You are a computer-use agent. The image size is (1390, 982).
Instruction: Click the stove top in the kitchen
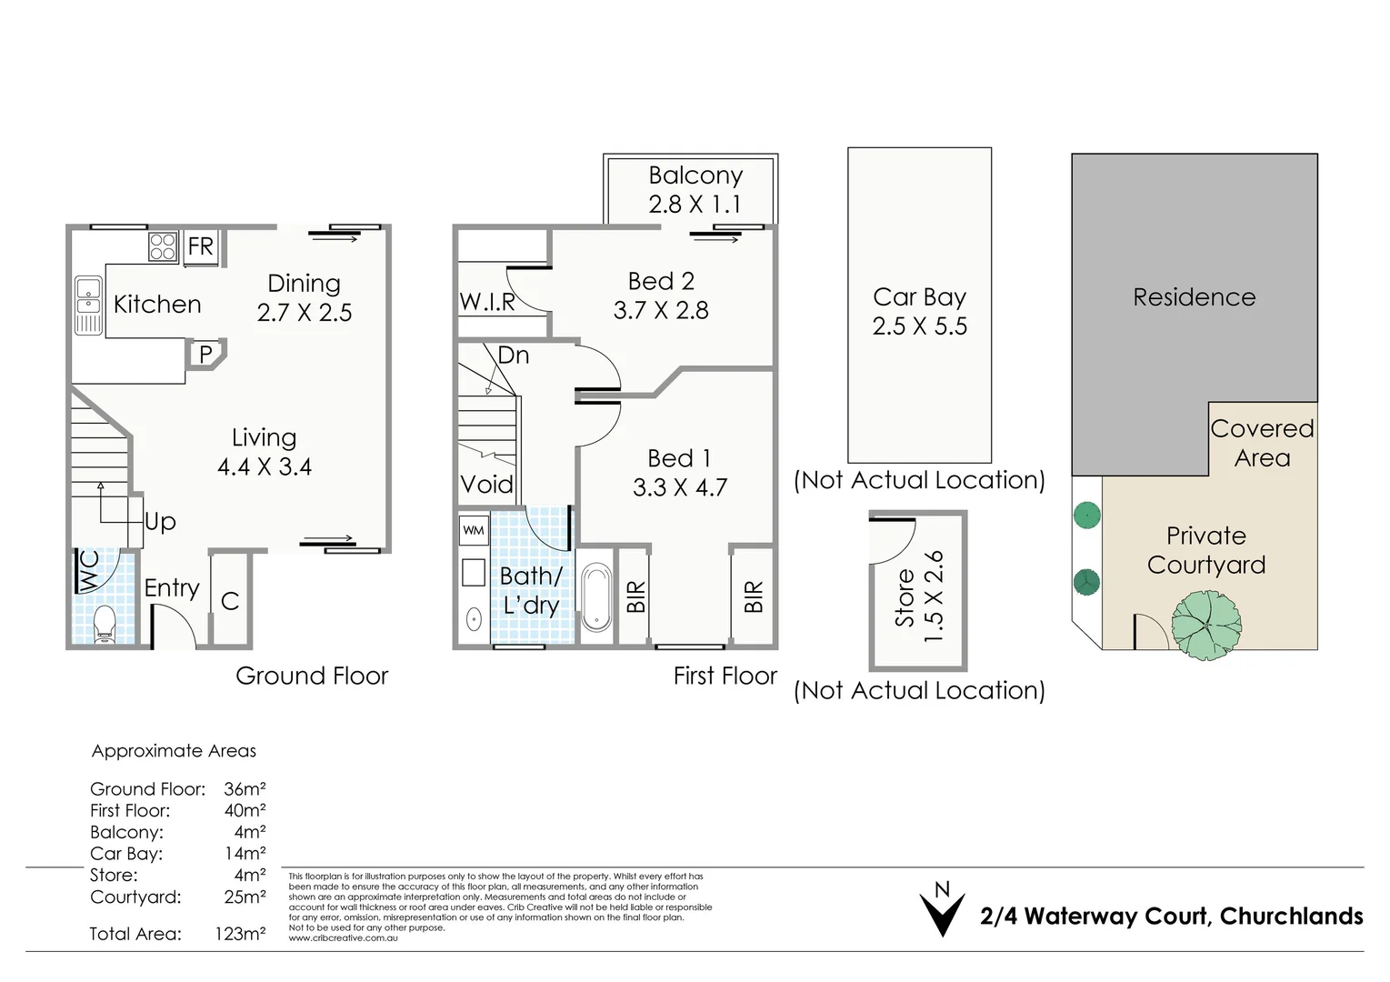[x=163, y=246]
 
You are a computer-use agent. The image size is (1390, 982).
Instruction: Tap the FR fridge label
[x=200, y=246]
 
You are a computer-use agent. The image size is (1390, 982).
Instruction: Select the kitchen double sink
[x=88, y=306]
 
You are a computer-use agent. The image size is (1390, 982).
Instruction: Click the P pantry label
[x=205, y=354]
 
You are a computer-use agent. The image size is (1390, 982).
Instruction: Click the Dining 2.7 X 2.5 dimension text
[x=304, y=313]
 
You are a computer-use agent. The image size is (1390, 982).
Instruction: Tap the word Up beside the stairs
[x=160, y=522]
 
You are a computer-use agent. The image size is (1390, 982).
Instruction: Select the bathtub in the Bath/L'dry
[x=596, y=596]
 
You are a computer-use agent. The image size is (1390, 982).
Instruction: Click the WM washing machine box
[x=474, y=530]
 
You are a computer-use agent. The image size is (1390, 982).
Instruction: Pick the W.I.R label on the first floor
[x=486, y=302]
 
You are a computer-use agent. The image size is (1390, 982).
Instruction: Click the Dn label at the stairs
[x=513, y=356]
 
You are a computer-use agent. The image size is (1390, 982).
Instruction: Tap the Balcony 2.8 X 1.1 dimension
[x=695, y=205]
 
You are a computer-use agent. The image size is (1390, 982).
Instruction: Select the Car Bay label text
[x=919, y=297]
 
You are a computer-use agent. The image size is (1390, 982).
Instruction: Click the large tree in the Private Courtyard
[x=1206, y=625]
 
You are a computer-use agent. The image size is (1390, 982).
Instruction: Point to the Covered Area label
[x=1262, y=443]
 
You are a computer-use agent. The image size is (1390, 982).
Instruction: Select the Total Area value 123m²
[x=240, y=934]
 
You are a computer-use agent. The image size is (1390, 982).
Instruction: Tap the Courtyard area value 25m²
[x=245, y=897]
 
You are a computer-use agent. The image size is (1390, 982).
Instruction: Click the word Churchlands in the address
[x=1291, y=917]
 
